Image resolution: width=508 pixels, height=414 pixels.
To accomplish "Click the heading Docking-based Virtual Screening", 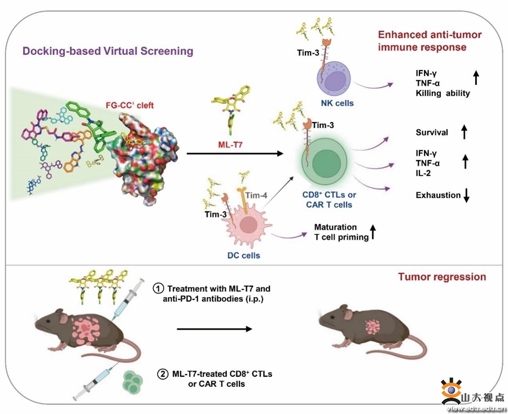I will [x=108, y=51].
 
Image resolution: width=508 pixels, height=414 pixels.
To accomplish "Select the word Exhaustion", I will [x=438, y=195].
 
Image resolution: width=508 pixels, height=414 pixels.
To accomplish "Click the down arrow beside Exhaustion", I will [x=466, y=196].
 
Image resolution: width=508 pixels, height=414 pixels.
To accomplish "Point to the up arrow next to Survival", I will [x=464, y=133].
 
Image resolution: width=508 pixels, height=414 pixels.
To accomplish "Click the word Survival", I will [x=432, y=133].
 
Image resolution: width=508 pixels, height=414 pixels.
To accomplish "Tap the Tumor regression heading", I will [x=442, y=277].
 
